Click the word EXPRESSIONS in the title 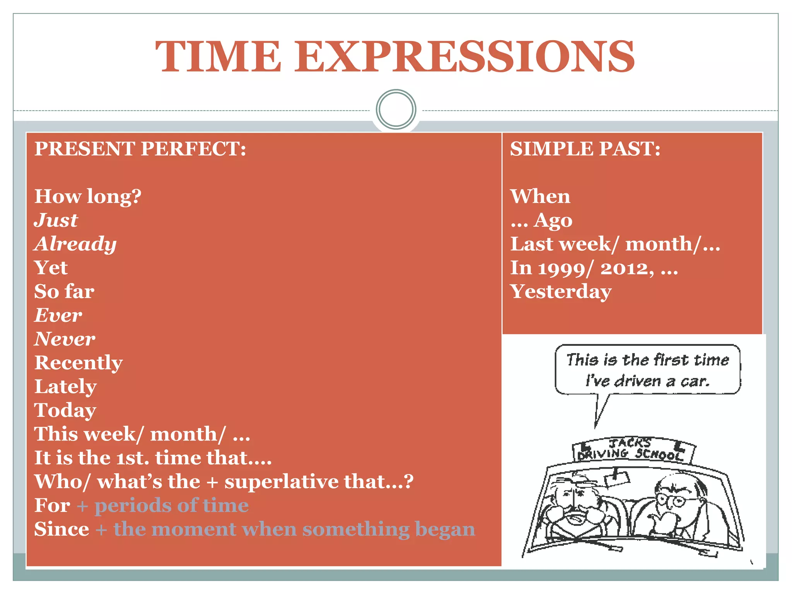click(x=464, y=57)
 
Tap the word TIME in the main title click(x=218, y=57)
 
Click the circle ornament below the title click(x=396, y=109)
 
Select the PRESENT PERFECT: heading click(x=140, y=149)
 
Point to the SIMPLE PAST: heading click(x=585, y=149)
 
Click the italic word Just click(x=56, y=220)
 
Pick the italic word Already click(x=75, y=244)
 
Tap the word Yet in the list click(x=51, y=268)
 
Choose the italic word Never click(x=65, y=339)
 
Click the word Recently click(x=79, y=363)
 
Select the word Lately click(x=65, y=387)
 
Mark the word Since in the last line click(x=61, y=529)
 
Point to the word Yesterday click(x=561, y=292)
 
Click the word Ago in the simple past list click(x=553, y=221)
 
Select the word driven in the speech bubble click(x=638, y=381)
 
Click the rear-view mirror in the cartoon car click(x=617, y=478)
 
